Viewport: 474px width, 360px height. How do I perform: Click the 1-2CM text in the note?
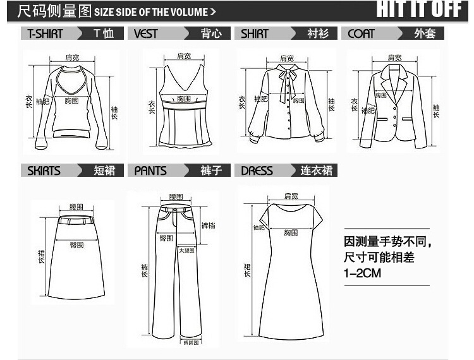point(363,273)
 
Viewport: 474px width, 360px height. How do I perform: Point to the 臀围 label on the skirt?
point(76,245)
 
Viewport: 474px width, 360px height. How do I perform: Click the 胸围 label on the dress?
point(291,233)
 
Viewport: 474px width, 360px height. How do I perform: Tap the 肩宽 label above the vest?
point(184,56)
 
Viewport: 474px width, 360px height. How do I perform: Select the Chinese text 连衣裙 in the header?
point(314,171)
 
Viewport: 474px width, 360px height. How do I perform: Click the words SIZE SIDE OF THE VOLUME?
point(155,11)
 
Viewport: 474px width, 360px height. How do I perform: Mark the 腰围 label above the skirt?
point(76,207)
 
